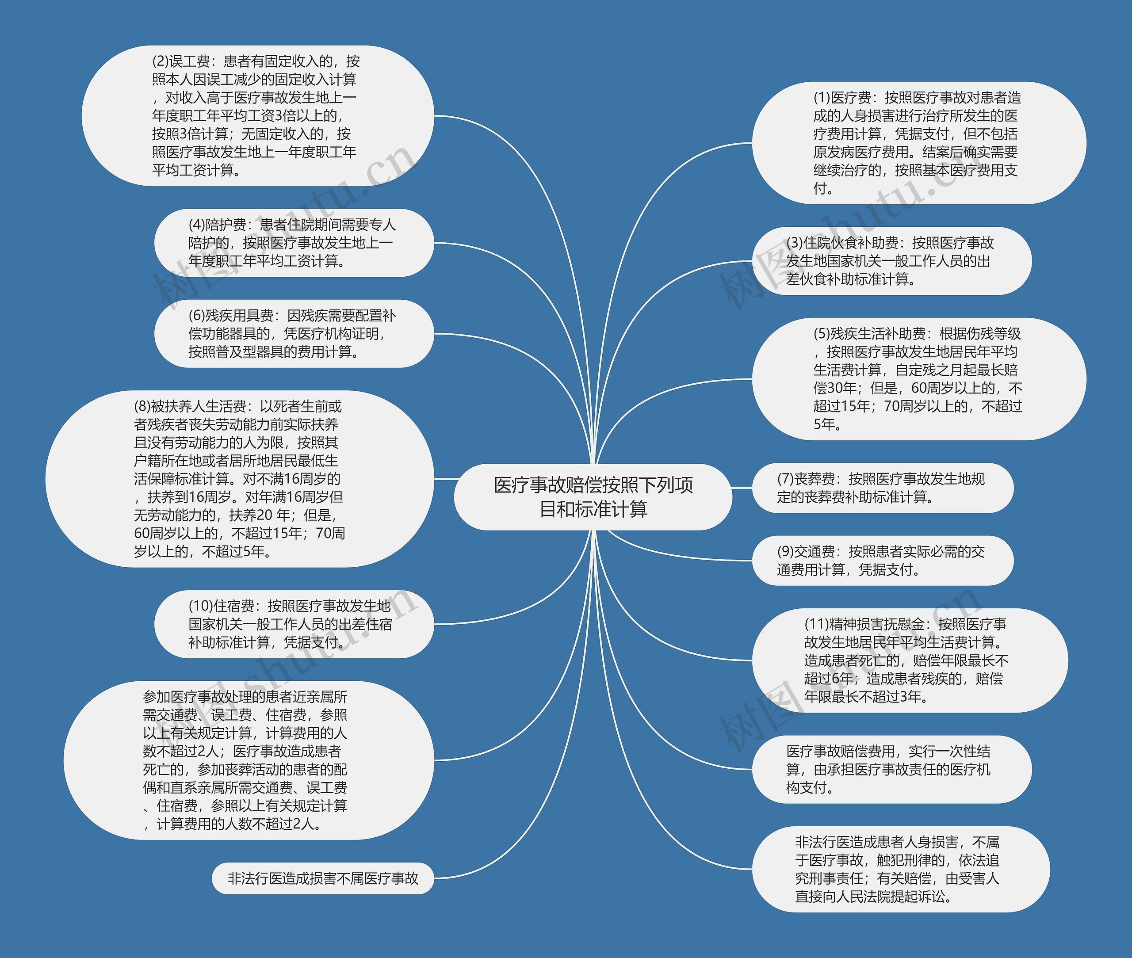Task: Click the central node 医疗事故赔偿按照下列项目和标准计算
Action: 593,497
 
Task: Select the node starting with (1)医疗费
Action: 918,143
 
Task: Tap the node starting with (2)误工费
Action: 257,116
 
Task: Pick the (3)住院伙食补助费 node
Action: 891,261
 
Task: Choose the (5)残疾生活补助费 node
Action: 918,378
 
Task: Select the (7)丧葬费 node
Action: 882,488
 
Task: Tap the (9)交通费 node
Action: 882,561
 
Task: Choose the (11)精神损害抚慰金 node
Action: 909,660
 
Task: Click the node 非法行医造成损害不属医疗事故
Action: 323,878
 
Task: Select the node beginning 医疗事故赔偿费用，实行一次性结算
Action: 891,769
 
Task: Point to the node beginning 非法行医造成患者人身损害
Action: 900,869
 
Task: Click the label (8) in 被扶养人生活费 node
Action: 142,406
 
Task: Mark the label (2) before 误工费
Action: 160,61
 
